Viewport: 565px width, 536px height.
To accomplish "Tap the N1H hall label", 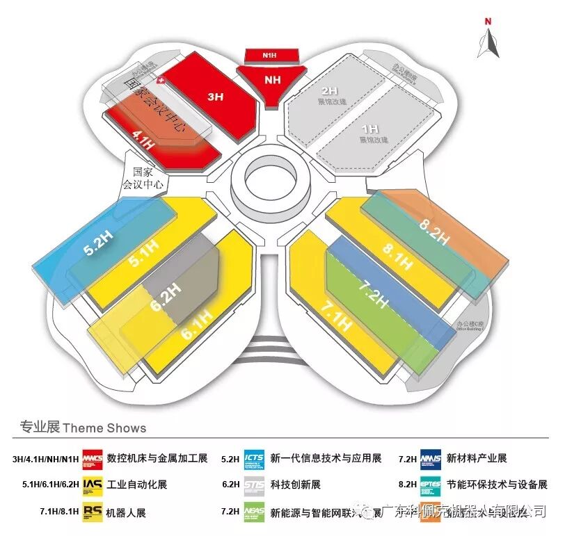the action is (x=271, y=54).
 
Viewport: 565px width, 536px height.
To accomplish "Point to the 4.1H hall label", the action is (x=143, y=141).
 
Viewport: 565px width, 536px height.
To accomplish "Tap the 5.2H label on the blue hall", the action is (x=97, y=243).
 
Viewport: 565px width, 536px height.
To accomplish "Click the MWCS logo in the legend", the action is (x=93, y=459).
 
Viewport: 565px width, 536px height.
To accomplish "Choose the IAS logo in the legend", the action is (x=93, y=485).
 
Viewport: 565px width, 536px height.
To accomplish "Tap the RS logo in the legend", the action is (x=93, y=512).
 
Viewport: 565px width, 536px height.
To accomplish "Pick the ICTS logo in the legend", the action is (x=255, y=459).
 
